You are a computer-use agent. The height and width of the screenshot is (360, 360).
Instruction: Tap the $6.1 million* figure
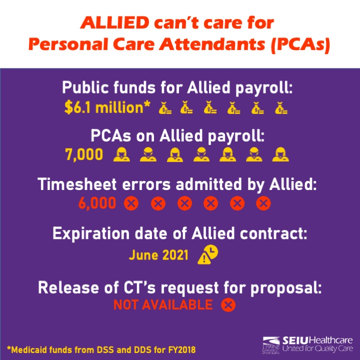[x=107, y=107]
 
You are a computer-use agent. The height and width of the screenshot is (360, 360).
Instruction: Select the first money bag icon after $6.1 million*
[x=165, y=108]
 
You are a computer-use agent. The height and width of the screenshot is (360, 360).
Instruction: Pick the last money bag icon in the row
[x=281, y=108]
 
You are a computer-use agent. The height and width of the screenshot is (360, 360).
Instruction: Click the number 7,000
[x=84, y=154]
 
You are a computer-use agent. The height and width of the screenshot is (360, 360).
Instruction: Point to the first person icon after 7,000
[x=121, y=154]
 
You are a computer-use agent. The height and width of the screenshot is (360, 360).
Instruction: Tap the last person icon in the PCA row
[x=280, y=154]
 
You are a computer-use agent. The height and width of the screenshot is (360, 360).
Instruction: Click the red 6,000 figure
[x=97, y=203]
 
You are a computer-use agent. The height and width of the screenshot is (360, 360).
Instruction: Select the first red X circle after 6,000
[x=131, y=203]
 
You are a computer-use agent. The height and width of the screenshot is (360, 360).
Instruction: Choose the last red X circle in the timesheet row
[x=263, y=203]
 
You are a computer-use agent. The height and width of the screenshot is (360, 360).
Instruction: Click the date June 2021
[x=158, y=255]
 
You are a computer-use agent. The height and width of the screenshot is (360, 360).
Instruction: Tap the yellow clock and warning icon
[x=208, y=254]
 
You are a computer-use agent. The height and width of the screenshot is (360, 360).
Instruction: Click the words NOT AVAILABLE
[x=163, y=305]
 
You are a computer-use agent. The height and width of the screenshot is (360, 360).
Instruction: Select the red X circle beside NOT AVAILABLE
[x=228, y=305]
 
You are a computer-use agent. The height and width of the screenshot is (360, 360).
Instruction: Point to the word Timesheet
[x=77, y=184]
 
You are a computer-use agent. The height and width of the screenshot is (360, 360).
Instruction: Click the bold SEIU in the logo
[x=295, y=340]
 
